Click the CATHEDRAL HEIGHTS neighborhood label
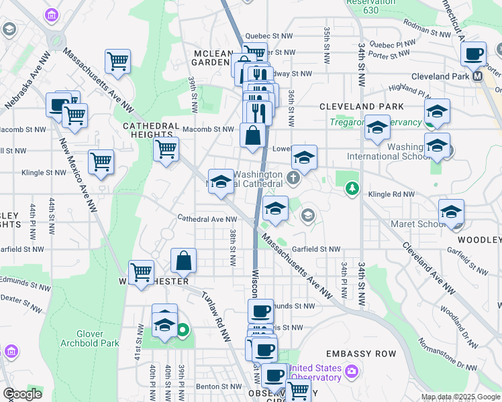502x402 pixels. point(150,130)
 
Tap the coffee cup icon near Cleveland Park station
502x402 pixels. point(474,54)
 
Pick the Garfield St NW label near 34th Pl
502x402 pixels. point(315,249)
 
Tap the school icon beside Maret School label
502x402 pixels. point(451,212)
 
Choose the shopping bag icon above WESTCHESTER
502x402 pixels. point(183,261)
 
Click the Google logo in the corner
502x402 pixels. point(22,393)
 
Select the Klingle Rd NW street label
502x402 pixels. point(392,194)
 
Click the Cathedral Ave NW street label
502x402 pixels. point(207,218)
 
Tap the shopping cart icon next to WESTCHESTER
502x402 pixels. point(141,272)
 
